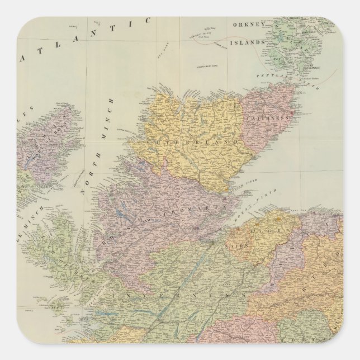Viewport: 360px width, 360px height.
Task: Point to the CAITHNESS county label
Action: (x=273, y=119)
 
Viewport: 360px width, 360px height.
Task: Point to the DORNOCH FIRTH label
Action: (x=238, y=184)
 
